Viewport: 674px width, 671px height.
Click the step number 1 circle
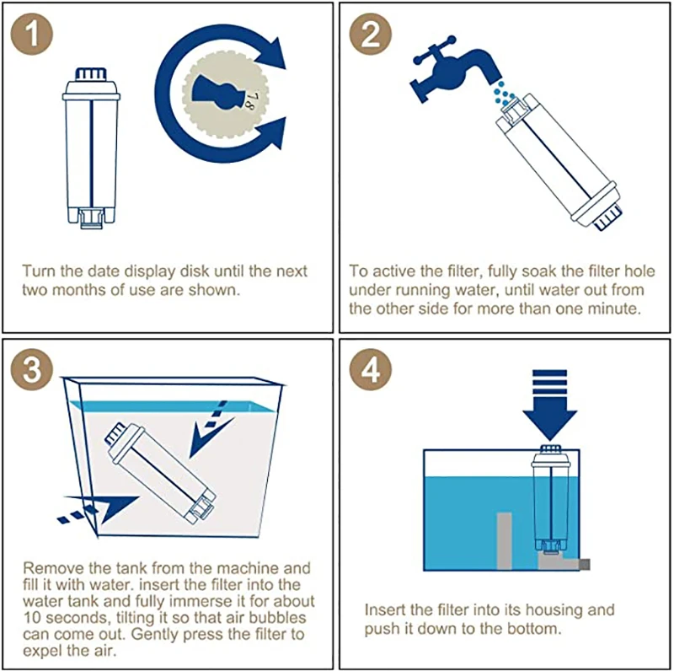click(32, 34)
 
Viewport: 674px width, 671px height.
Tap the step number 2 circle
click(371, 34)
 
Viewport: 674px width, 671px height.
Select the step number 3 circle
click(32, 369)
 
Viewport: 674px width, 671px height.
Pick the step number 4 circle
click(371, 369)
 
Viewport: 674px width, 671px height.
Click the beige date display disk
click(225, 94)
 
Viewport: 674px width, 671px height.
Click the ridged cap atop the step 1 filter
click(91, 74)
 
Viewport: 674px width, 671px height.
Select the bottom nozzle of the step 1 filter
click(92, 217)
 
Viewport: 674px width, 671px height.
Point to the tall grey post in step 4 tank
click(504, 541)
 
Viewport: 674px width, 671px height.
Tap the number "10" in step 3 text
click(32, 618)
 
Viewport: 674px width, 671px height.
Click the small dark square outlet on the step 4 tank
click(585, 564)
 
